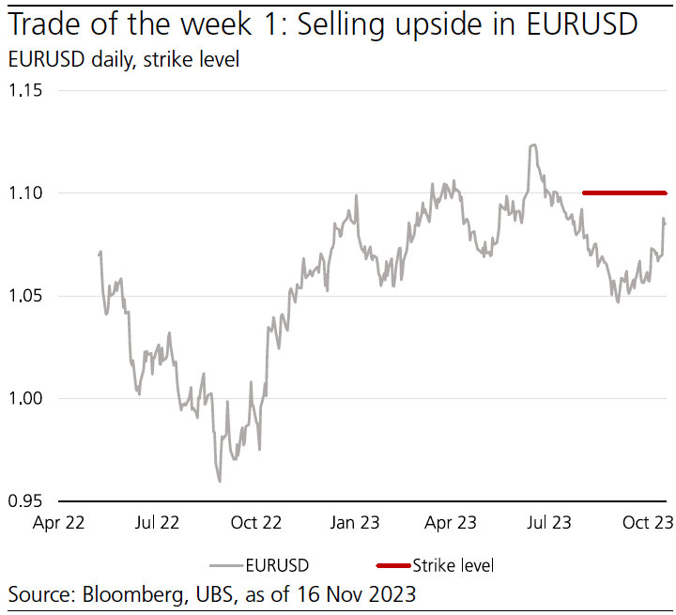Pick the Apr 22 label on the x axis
click(x=58, y=523)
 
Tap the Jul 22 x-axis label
click(x=157, y=523)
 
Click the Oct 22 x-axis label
click(x=256, y=523)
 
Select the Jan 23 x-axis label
click(x=355, y=523)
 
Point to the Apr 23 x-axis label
click(x=453, y=523)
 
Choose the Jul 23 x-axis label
click(x=549, y=523)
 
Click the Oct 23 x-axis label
click(x=649, y=523)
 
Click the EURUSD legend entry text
click(x=277, y=565)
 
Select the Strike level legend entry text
click(x=453, y=565)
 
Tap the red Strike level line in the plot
click(x=624, y=193)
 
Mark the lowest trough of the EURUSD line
click(x=220, y=481)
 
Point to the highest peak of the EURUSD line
click(x=533, y=146)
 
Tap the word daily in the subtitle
click(x=112, y=60)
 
